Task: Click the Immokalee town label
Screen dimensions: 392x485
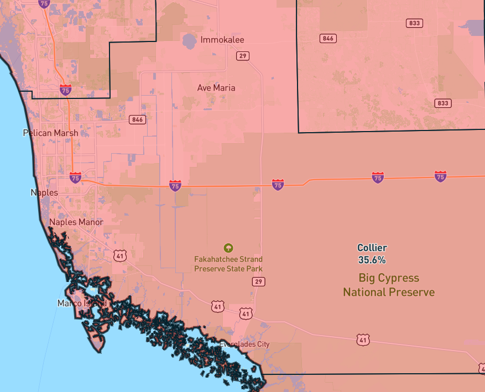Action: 222,40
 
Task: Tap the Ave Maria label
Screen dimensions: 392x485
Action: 216,88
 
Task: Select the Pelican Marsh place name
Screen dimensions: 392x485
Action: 50,133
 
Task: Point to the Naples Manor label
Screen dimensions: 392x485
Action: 76,222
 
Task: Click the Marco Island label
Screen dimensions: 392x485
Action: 82,304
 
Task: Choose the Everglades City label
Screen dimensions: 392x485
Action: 244,344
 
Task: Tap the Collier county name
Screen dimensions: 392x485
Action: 372,248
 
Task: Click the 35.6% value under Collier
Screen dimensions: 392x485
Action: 372,260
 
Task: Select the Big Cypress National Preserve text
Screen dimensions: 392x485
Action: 388,285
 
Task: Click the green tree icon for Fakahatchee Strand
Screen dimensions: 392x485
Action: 228,248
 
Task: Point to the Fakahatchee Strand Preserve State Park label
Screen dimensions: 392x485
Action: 228,264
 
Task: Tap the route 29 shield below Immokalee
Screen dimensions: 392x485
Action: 242,56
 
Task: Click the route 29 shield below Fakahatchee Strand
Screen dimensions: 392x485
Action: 258,282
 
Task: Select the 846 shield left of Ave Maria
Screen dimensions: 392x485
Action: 137,120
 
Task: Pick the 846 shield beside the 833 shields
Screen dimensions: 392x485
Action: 328,38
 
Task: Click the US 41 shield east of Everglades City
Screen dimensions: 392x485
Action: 363,340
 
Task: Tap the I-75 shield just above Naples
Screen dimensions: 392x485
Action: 75,177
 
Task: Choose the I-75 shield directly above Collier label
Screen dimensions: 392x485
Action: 378,177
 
